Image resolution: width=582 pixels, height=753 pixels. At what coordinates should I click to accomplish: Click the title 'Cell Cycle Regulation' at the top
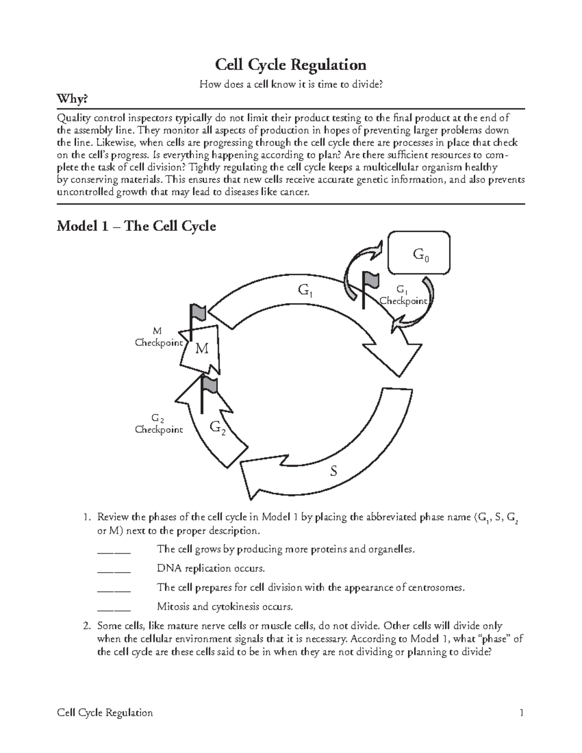[291, 64]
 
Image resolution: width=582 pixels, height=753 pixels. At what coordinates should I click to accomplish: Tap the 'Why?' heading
[73, 99]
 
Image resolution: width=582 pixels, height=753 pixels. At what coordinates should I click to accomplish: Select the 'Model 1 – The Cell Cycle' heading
[136, 226]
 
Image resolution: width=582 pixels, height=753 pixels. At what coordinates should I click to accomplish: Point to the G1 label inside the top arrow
[305, 291]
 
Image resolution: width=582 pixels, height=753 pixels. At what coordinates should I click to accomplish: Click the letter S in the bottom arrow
[333, 471]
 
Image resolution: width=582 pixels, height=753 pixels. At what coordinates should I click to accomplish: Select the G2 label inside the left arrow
[217, 427]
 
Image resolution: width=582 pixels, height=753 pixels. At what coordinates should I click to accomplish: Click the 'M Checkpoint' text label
[159, 337]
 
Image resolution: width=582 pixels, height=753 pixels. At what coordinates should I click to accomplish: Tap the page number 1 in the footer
[521, 713]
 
